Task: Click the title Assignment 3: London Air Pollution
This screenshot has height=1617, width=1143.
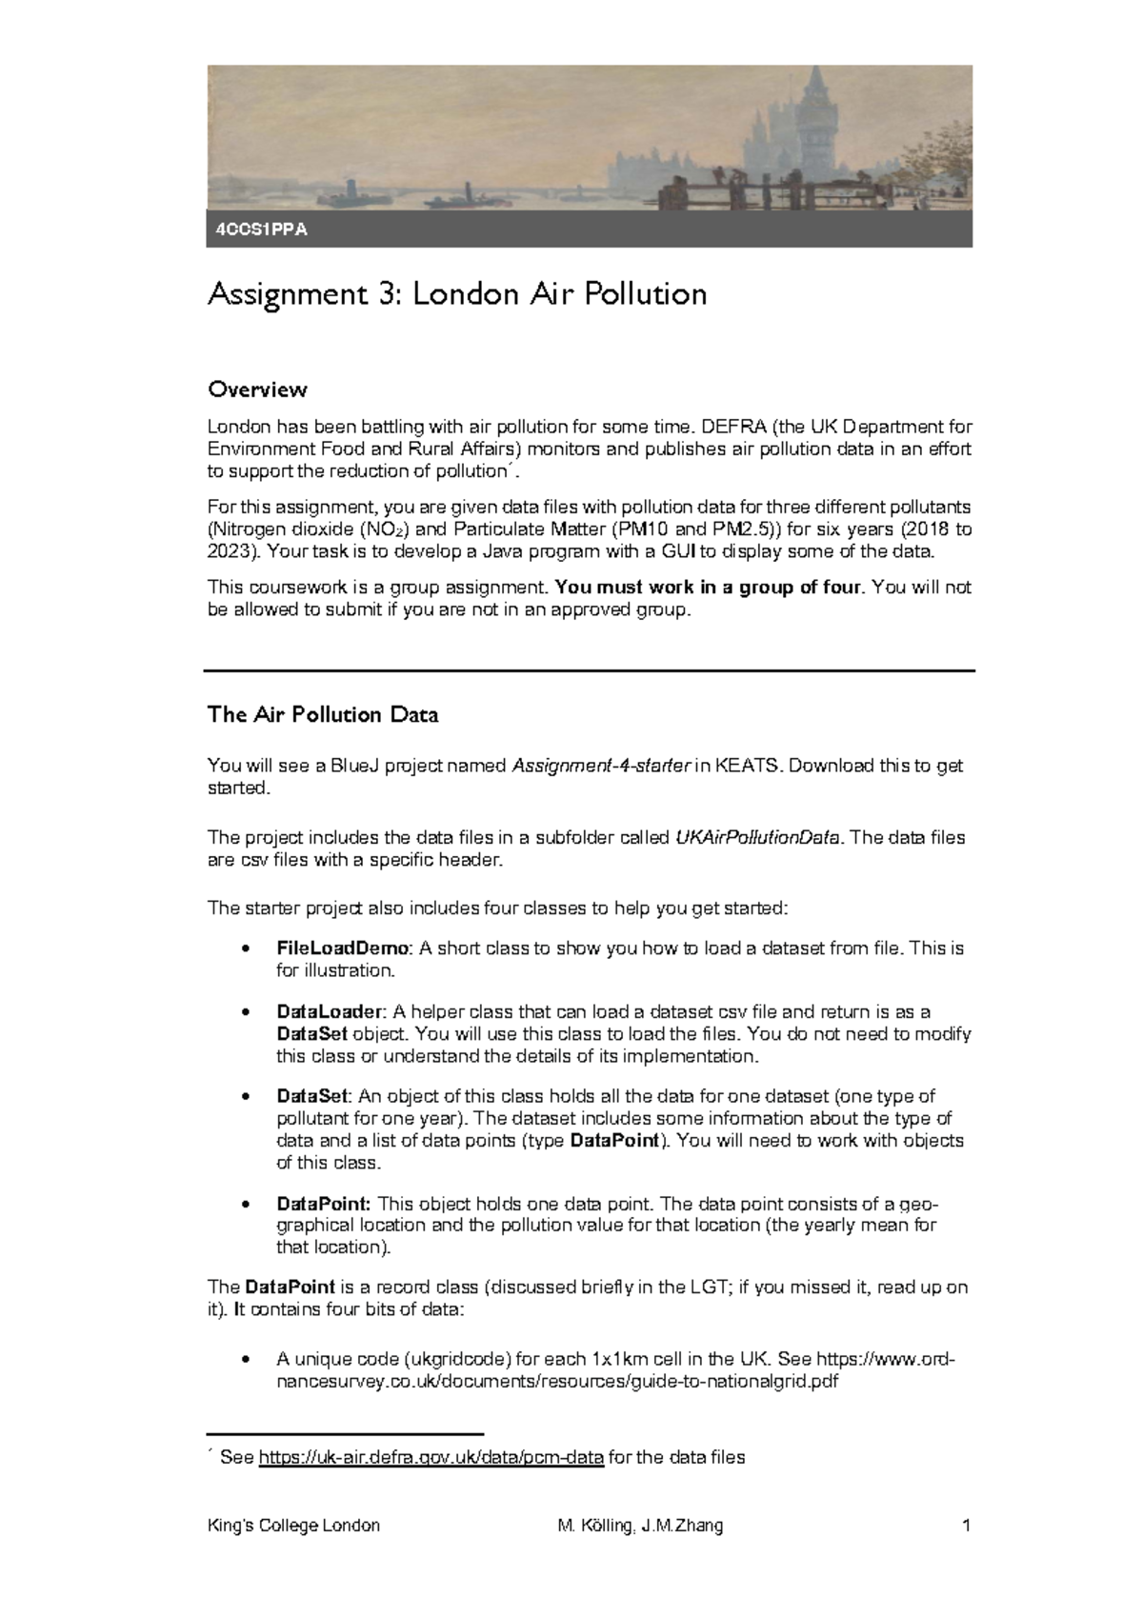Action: click(457, 294)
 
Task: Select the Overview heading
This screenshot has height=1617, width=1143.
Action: click(257, 389)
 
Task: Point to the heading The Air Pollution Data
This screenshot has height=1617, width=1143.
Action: click(323, 715)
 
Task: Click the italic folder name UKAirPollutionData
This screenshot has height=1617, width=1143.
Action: click(758, 838)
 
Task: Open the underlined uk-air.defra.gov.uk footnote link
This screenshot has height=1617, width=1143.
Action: click(431, 1458)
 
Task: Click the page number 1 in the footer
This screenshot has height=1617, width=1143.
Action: click(966, 1526)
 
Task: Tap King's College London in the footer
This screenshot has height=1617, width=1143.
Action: click(293, 1526)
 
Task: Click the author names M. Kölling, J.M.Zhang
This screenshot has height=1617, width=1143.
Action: click(640, 1526)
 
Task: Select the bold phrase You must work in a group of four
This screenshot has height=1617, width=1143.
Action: click(709, 588)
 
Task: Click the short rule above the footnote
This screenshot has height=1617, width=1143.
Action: click(346, 1433)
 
